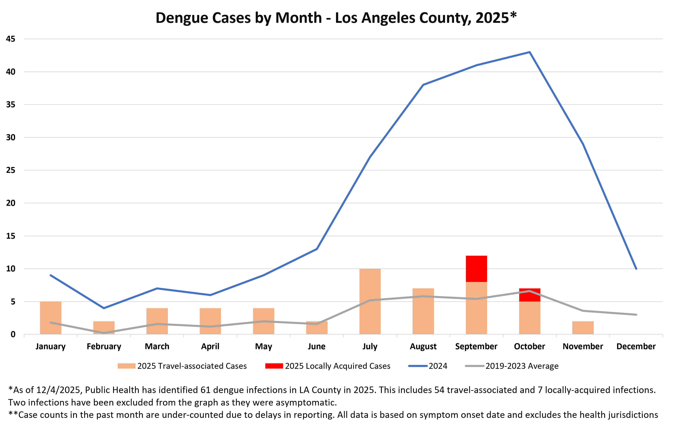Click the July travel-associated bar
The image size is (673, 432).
coord(370,302)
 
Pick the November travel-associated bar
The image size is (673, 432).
coord(583,328)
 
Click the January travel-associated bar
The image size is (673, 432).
coord(50,318)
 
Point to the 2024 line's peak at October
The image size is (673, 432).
coord(529,52)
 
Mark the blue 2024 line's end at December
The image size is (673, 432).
coord(636,269)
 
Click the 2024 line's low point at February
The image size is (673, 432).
coord(104,308)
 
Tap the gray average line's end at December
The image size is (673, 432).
coord(636,314)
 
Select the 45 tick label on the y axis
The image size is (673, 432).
coord(11,39)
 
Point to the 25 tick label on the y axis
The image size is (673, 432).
coord(11,170)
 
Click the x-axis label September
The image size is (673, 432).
coord(476,346)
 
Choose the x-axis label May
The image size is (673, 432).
coord(263,346)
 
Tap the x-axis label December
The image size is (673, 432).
coord(636,346)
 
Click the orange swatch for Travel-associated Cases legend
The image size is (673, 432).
coord(126,366)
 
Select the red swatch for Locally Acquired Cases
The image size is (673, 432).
coord(274,366)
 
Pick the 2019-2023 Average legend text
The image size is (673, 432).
coord(522,366)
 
